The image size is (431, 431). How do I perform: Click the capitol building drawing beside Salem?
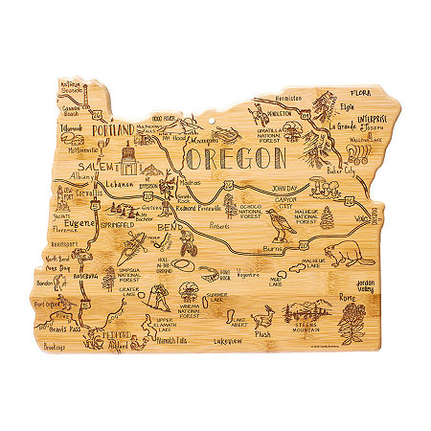pos(127,157)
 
